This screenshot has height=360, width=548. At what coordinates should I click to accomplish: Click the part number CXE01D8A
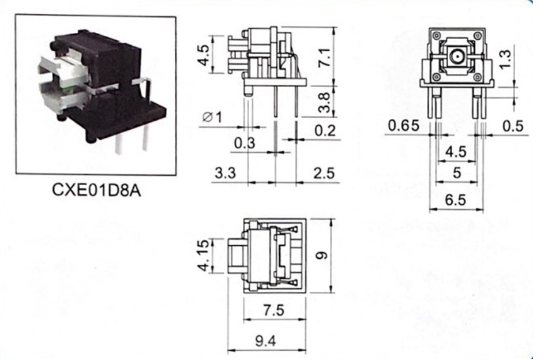click(96, 190)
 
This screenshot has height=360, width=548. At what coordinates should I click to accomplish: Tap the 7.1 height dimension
click(325, 58)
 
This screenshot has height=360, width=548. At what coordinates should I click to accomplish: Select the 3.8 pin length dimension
click(325, 103)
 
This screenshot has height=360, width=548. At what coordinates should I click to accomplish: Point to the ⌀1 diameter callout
click(212, 117)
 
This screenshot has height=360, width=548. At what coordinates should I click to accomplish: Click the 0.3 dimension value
click(245, 143)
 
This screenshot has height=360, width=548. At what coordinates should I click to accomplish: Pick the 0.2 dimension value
click(325, 130)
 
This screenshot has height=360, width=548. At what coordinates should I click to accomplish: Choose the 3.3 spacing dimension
click(226, 172)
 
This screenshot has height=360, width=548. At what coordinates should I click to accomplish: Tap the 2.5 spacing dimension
click(324, 172)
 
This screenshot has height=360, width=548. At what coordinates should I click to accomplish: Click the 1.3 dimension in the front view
click(505, 59)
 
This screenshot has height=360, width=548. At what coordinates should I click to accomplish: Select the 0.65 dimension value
click(404, 125)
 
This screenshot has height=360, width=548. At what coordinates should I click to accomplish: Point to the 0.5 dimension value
click(513, 126)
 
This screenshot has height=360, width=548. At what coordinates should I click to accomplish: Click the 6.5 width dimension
click(456, 200)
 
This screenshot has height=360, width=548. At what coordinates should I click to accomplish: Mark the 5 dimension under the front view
click(457, 172)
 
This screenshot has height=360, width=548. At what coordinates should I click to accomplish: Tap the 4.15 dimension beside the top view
click(204, 255)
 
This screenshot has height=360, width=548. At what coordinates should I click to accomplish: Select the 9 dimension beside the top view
click(321, 256)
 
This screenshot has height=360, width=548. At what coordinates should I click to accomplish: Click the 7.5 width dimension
click(273, 310)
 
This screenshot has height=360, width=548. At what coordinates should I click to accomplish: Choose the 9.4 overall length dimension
click(265, 341)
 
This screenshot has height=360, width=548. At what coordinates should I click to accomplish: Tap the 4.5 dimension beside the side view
click(204, 55)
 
